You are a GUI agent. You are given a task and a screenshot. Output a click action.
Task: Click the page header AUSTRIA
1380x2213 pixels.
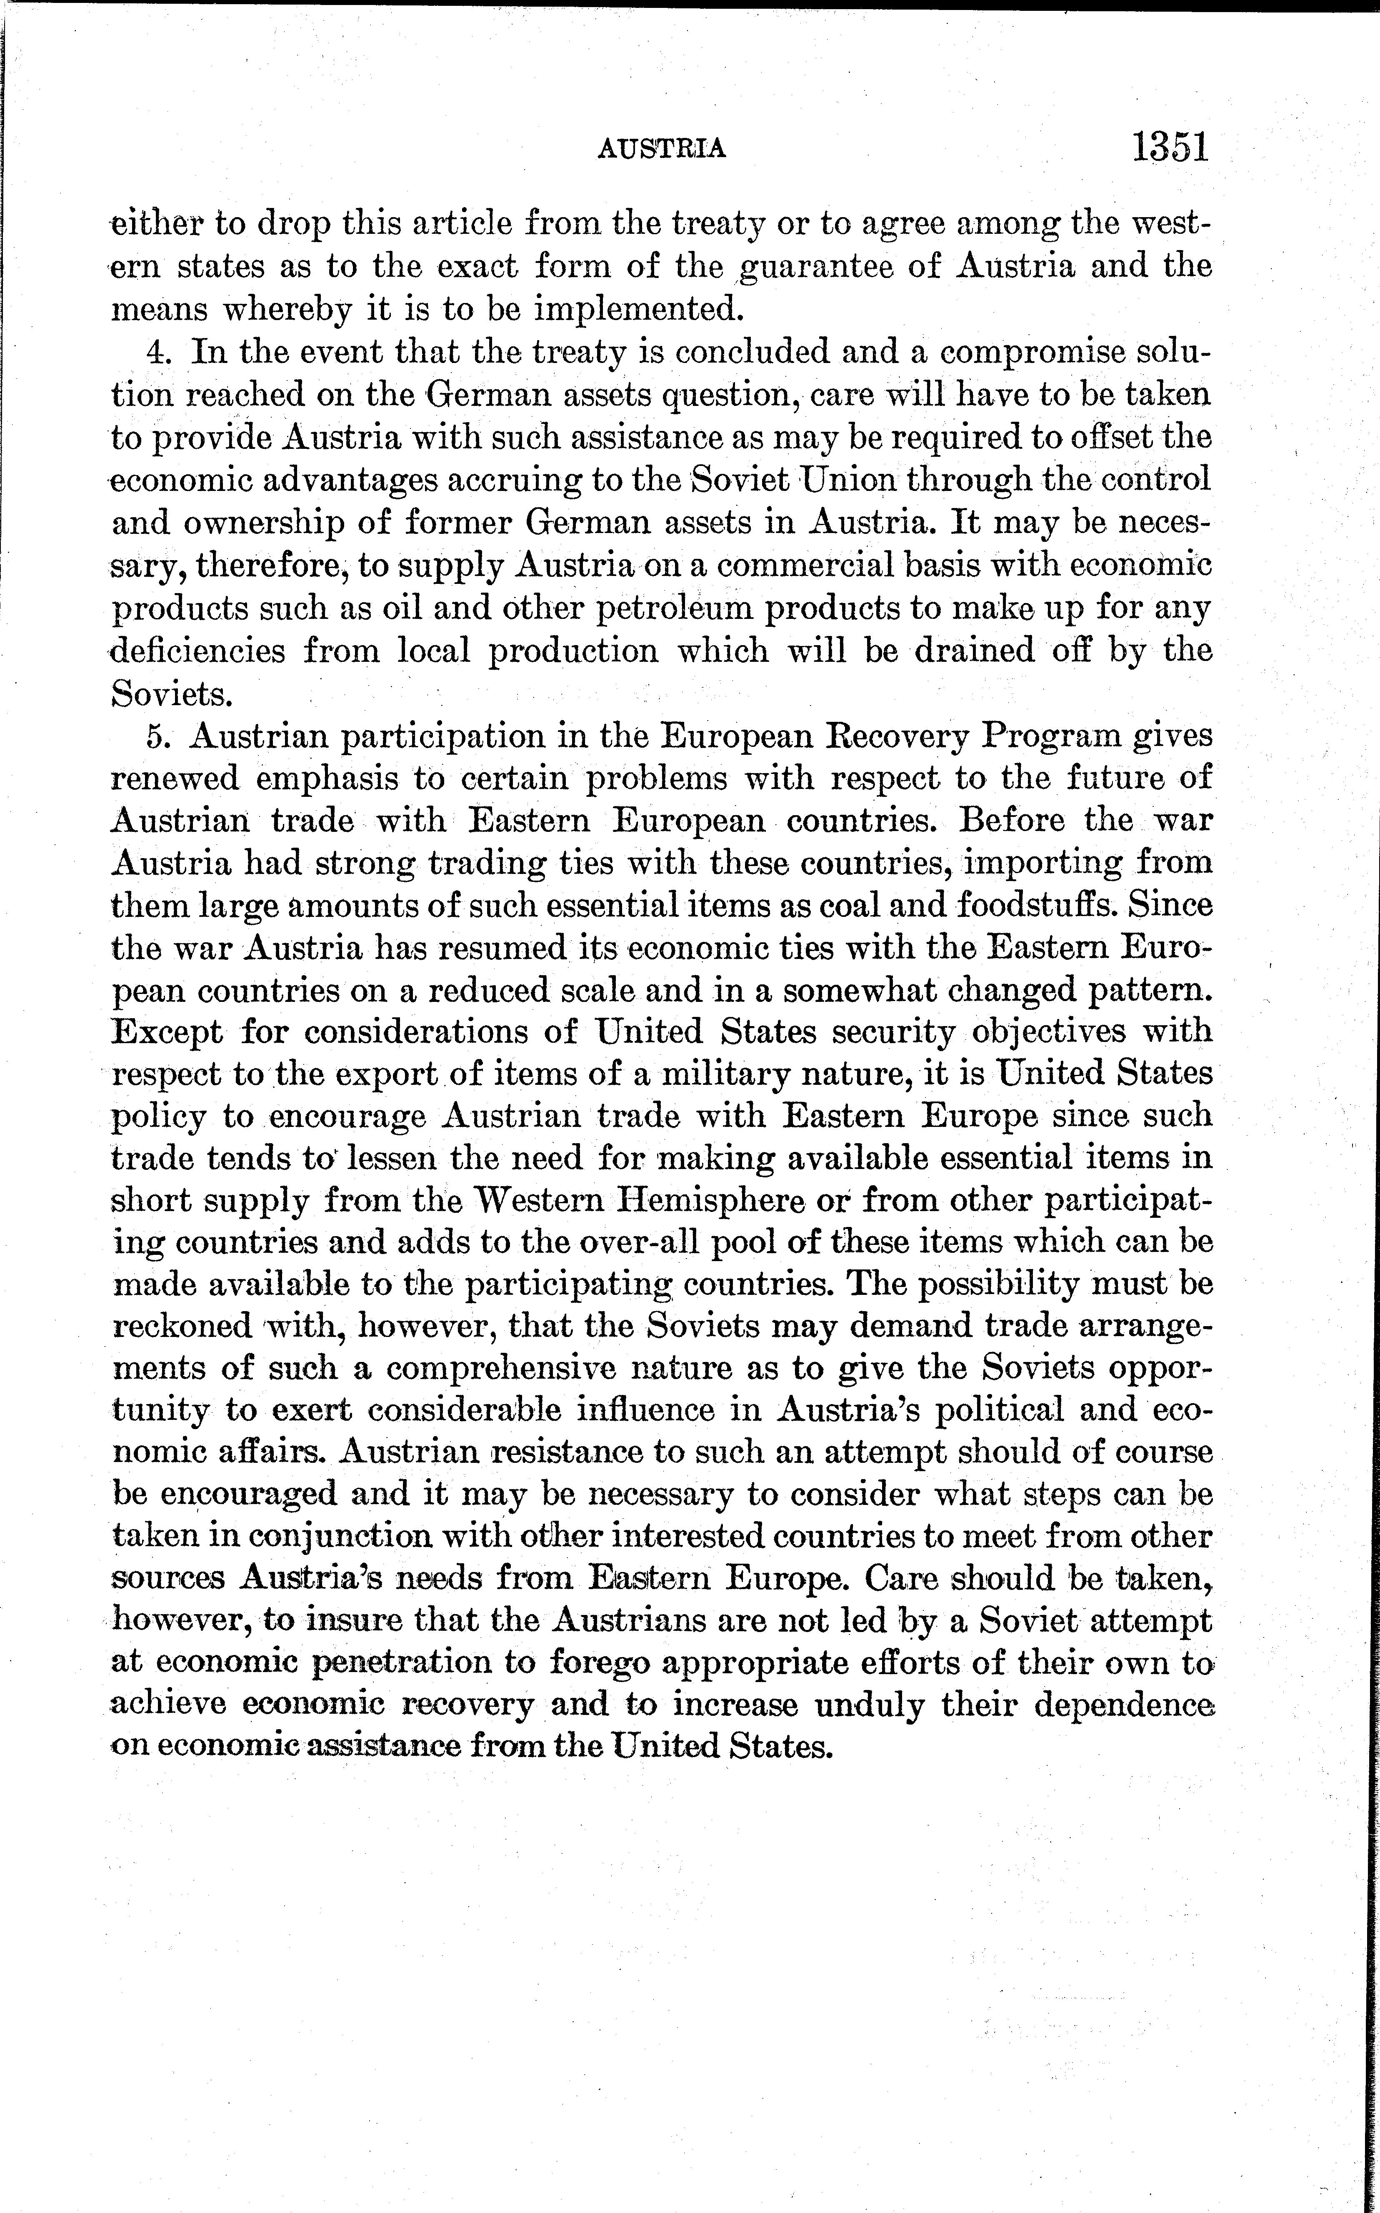point(662,148)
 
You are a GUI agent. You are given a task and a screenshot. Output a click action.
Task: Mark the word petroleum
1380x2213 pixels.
point(675,608)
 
